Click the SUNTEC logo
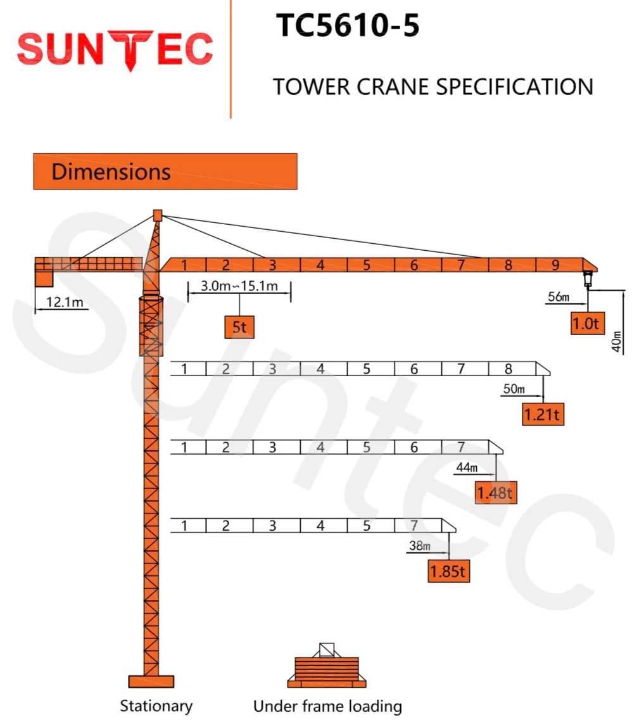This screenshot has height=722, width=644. click(115, 50)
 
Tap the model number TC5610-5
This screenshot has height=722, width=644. click(348, 27)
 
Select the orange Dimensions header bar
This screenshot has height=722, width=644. click(165, 171)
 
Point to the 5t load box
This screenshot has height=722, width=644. click(239, 327)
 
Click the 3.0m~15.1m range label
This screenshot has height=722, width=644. click(239, 286)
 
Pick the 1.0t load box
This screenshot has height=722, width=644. click(586, 323)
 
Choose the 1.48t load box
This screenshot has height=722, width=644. click(496, 491)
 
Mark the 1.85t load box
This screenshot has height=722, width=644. click(448, 571)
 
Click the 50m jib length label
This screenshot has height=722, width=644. click(514, 389)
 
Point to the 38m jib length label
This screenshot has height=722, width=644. click(419, 546)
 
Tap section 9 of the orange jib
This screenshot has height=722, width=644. click(556, 265)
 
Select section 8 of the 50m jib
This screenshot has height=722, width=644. click(508, 369)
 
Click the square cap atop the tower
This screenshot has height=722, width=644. click(158, 215)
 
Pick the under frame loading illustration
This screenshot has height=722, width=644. click(327, 666)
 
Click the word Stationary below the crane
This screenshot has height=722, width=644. click(156, 706)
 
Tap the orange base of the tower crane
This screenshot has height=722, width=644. click(151, 681)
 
